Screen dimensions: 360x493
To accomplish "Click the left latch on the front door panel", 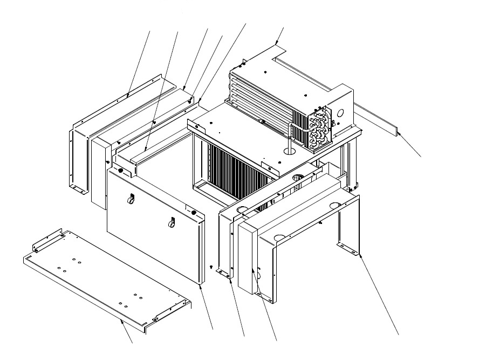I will tap(131, 200).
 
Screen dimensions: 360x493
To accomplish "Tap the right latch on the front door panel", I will tap(173, 221).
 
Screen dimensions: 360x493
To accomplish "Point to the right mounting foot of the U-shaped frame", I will tap(350, 248).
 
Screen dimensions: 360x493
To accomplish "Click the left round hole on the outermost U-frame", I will tap(279, 237).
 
